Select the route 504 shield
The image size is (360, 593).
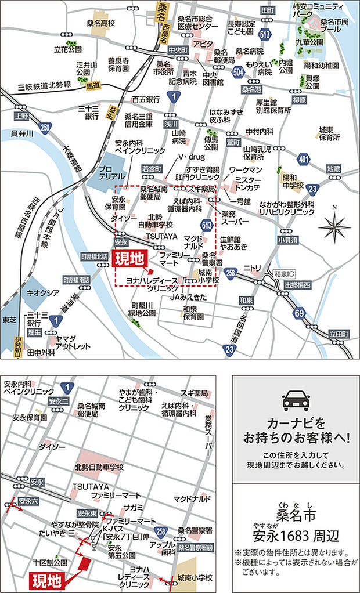click(237, 71)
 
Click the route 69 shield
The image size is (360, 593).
click(299, 314)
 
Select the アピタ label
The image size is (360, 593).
click(203, 44)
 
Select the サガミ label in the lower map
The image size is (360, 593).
click(135, 507)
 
